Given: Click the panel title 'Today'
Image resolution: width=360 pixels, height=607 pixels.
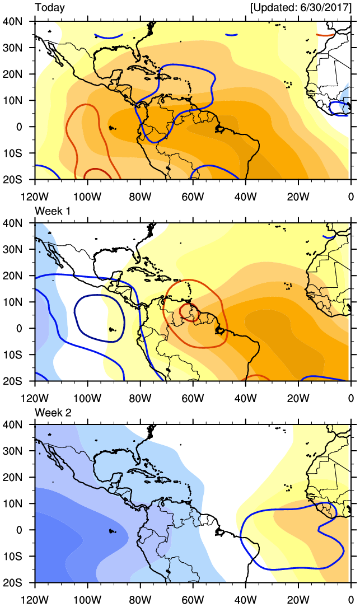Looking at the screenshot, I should (x=50, y=8).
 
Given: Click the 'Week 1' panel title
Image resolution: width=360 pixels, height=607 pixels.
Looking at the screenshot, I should (x=52, y=210).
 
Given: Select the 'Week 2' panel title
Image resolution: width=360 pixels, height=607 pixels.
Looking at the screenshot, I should (x=52, y=412).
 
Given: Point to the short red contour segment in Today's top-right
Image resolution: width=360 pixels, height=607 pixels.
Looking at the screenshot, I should (x=325, y=35).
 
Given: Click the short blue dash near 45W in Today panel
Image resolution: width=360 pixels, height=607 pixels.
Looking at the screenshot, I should (x=231, y=35).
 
